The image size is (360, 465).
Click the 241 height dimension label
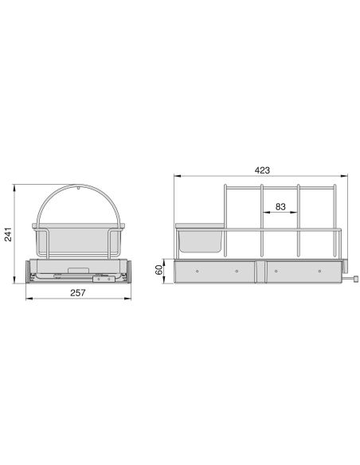click(x=9, y=236)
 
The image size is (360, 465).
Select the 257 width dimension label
click(x=76, y=292)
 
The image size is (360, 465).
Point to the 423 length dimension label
click(x=263, y=170)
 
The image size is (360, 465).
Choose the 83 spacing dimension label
click(x=280, y=206)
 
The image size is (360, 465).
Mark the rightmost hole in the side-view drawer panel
click(x=320, y=271)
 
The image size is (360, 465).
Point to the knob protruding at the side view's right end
click(x=355, y=279)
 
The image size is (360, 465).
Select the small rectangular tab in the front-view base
click(x=79, y=270)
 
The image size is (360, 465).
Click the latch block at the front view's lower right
click(x=102, y=279)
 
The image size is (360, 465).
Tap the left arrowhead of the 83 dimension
click(x=264, y=213)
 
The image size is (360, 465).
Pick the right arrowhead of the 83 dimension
click(x=295, y=213)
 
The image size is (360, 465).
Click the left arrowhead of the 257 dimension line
click(x=28, y=299)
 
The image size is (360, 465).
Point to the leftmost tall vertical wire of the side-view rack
click(x=226, y=223)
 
